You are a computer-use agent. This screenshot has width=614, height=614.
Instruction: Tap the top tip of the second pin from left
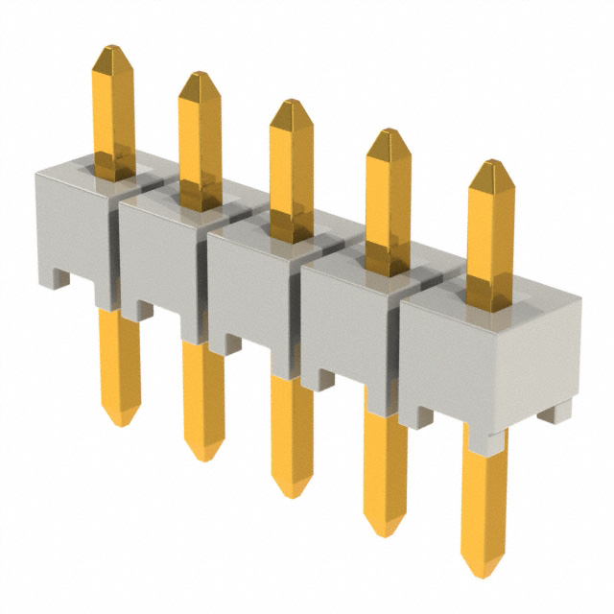[200, 75]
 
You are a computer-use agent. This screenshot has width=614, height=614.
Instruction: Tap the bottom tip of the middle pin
[292, 493]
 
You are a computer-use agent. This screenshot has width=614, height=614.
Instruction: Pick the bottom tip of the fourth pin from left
[386, 531]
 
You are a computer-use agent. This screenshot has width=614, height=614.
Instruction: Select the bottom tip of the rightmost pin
[484, 574]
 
